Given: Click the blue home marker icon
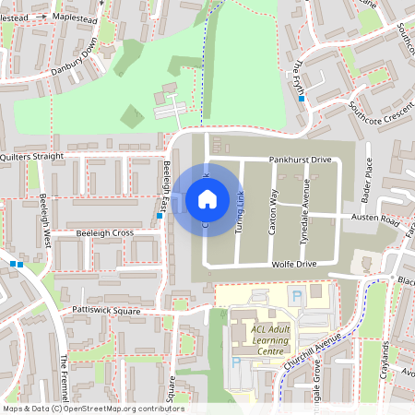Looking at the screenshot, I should [x=207, y=198].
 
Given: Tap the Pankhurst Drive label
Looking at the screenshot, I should [x=300, y=160].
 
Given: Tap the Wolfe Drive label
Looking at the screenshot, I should [x=294, y=265].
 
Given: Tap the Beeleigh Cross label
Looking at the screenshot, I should [x=104, y=233].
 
